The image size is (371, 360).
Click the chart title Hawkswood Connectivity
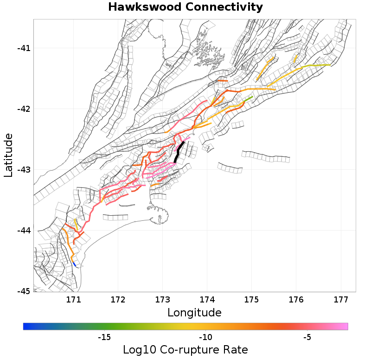pos(185,7)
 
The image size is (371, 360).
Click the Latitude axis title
pos(8,155)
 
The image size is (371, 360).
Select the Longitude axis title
pos(194,312)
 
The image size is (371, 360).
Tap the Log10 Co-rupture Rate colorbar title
pos(185,349)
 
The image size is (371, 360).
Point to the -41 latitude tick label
pos(22,48)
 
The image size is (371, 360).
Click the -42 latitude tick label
pos(22,109)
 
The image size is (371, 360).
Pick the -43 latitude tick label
pos(22,170)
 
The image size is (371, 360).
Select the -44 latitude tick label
pos(22,231)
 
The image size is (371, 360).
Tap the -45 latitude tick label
pos(22,291)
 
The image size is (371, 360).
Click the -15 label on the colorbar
pos(104,337)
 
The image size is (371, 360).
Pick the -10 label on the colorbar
pos(205,337)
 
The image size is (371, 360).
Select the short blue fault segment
pos(74,264)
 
